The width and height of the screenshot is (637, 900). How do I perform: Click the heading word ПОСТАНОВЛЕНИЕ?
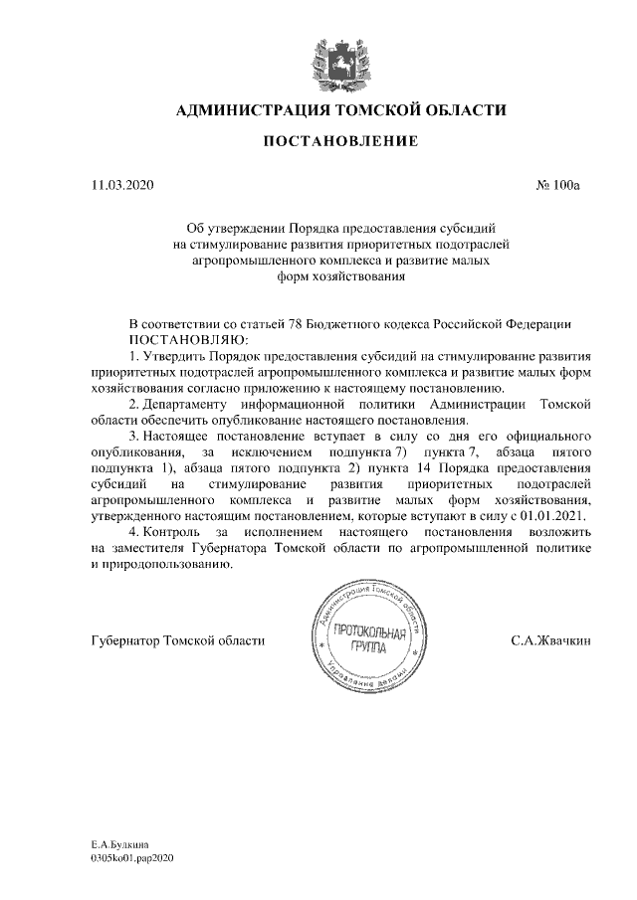click(340, 142)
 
